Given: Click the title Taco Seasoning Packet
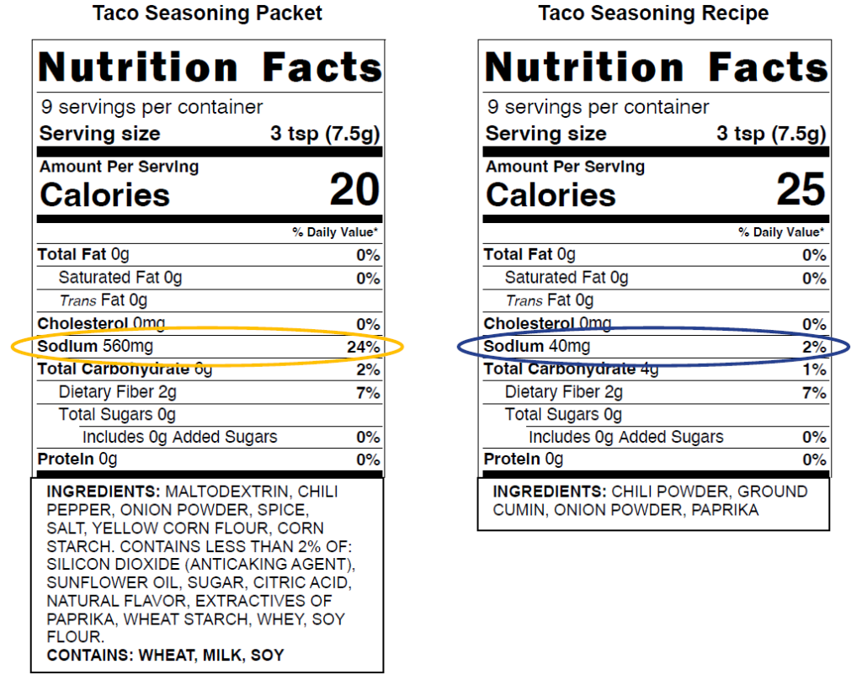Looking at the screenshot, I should coord(207,13).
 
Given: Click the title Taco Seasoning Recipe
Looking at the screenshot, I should coord(653,13).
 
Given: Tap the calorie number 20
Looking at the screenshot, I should coord(354,190).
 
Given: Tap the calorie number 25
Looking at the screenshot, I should coord(801,190).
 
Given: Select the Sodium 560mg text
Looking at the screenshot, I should coord(96,347).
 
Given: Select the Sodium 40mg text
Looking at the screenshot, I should coord(537,347).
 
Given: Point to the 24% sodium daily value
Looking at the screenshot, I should coord(363,348).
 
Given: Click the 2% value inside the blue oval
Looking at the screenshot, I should coord(813,348).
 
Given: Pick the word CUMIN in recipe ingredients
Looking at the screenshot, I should coord(519,510).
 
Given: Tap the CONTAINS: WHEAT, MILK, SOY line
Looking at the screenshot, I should coord(165,656).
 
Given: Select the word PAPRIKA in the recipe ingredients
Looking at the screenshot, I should coord(725,510).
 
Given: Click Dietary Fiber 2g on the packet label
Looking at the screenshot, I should coord(117,392).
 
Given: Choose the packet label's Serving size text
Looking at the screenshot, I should coord(99,134).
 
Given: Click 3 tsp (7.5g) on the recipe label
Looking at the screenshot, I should coord(771,134).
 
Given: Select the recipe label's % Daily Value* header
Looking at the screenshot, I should coord(781,232).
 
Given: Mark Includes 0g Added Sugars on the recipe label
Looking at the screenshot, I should coord(625,437).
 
